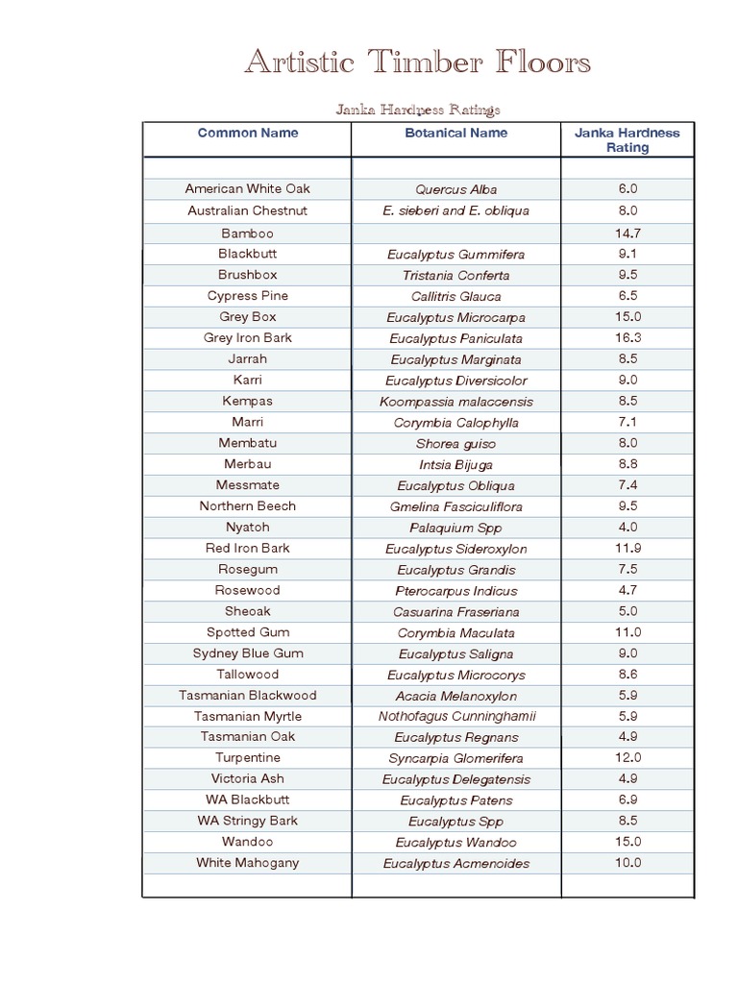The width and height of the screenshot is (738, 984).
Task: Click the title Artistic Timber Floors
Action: pos(417,63)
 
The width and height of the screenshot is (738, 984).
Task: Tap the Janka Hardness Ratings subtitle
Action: pos(417,110)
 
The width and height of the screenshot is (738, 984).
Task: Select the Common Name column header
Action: pos(248,133)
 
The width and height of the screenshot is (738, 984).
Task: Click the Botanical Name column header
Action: pos(456,133)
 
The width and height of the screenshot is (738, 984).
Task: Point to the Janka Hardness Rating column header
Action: pos(627,140)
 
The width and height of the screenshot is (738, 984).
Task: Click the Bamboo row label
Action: pos(248,233)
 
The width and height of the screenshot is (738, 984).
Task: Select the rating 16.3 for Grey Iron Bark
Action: pos(628,337)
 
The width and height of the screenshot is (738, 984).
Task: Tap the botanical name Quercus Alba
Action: pos(456,189)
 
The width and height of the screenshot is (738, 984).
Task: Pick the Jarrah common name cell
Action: pos(248,358)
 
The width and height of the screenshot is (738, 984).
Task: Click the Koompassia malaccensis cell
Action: pos(456,402)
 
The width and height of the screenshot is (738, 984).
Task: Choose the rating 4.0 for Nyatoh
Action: pos(628,527)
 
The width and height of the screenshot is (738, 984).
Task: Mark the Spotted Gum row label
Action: pos(248,632)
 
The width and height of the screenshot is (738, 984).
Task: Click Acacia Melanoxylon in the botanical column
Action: pos(456,696)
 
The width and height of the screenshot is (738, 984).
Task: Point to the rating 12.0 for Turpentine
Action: pos(628,757)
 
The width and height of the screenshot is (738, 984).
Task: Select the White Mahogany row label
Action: pos(248,862)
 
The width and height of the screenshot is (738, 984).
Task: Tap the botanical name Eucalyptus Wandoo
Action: pos(456,843)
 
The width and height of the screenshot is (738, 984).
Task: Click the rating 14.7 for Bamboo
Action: pos(628,233)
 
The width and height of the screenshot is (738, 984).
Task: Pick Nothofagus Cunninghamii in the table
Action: pos(456,716)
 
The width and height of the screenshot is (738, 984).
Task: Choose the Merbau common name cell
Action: pos(248,464)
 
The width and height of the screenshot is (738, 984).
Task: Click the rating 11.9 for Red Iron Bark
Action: pos(628,548)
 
